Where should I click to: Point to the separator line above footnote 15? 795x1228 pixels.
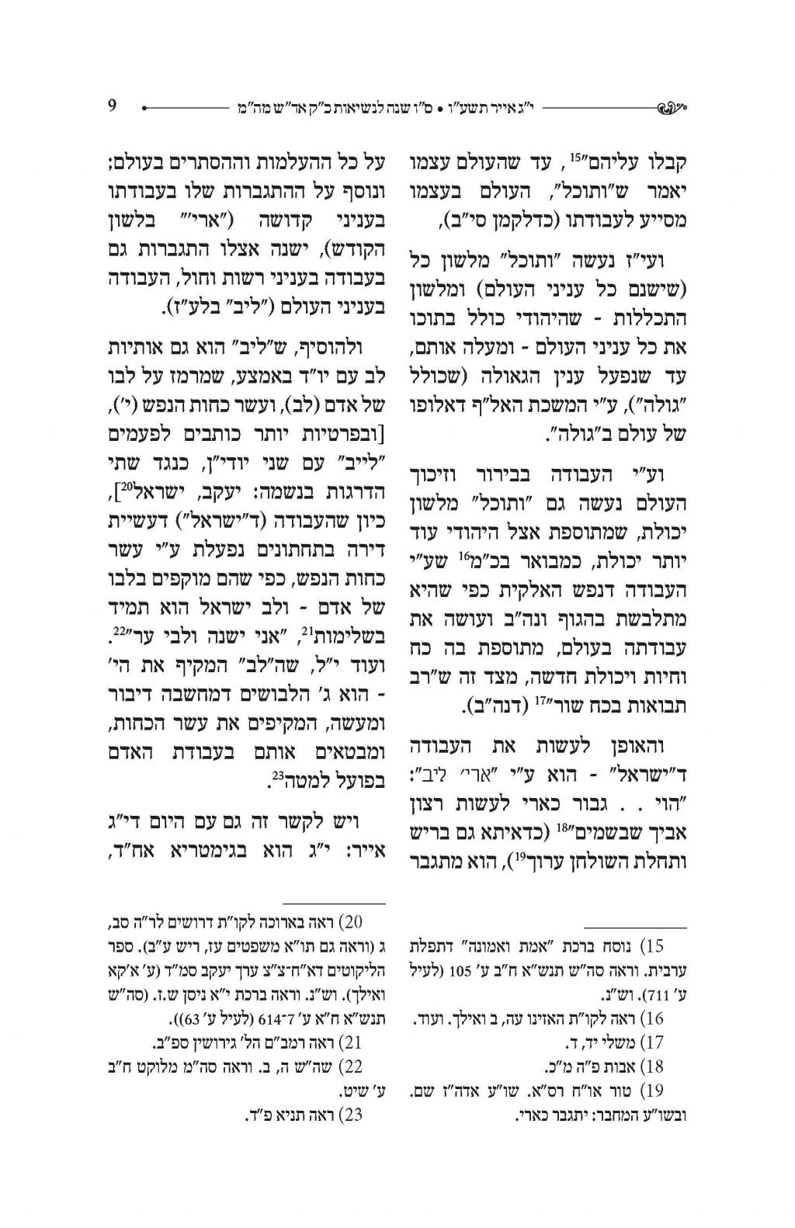click(x=635, y=928)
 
